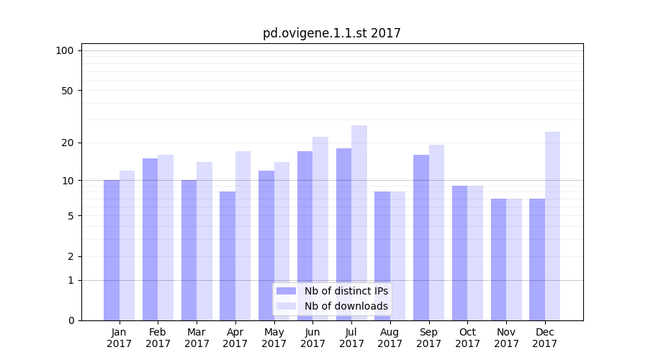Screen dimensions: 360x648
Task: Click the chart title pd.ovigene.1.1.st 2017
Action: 331,33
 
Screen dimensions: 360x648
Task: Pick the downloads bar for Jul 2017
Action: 359,222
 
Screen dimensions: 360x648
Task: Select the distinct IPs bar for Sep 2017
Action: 421,238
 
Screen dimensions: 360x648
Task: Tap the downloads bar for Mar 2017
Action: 204,241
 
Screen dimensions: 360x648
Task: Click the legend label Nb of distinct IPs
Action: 346,291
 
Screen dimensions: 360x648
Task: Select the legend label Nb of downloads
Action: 346,306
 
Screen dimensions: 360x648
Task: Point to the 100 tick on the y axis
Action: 65,50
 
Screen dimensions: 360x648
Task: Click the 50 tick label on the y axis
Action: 68,91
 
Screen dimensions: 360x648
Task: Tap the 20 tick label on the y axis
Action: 68,143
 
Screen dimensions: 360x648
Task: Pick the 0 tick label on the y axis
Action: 71,320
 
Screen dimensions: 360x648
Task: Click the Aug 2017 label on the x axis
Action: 390,338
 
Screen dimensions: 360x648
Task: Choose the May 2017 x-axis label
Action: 274,338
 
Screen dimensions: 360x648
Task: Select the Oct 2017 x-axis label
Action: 467,338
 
